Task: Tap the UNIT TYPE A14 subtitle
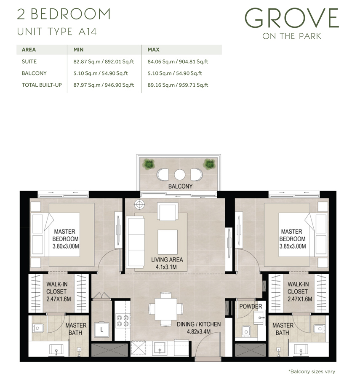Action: pos(57,32)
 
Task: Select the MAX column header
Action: pos(153,50)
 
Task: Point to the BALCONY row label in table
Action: pos(34,73)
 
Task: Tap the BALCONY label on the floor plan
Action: pos(180,186)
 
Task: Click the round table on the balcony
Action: pos(180,174)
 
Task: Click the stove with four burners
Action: pos(122,321)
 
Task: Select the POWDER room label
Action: pos(251,306)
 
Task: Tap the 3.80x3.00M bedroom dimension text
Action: pos(65,246)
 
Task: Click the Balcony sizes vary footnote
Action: pos(312,371)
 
